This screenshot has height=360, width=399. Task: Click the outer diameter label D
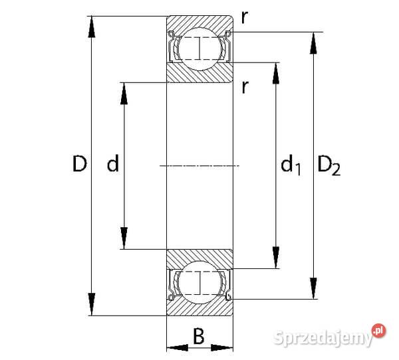79,164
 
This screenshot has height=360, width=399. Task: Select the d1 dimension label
290,164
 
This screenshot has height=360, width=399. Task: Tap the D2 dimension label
329,164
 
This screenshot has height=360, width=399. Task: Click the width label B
198,337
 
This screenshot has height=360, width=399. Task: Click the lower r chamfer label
245,87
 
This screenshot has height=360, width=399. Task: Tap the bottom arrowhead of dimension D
92,306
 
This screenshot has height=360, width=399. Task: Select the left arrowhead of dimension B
174,347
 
